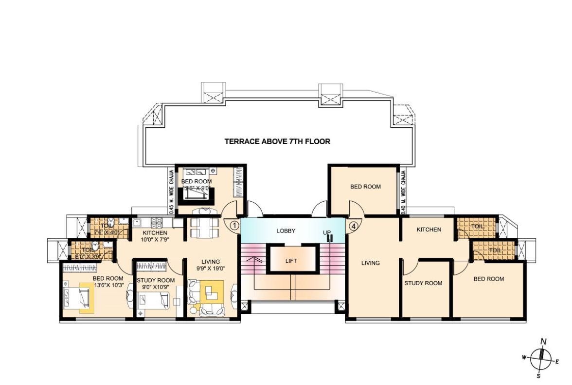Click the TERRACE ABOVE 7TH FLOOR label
pyautogui.click(x=277, y=142)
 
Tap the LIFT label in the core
pyautogui.click(x=291, y=261)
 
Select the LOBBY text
pyautogui.click(x=286, y=231)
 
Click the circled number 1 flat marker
pyautogui.click(x=234, y=226)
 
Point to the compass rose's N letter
pyautogui.click(x=544, y=342)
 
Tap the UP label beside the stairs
pyautogui.click(x=327, y=233)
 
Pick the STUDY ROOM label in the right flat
pyautogui.click(x=423, y=283)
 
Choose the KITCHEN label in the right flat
pyautogui.click(x=429, y=230)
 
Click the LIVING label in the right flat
pyautogui.click(x=370, y=263)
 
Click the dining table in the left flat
pyautogui.click(x=202, y=228)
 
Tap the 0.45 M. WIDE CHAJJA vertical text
pyautogui.click(x=171, y=190)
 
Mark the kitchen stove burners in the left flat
pyautogui.click(x=157, y=223)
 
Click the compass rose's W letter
pyautogui.click(x=524, y=357)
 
